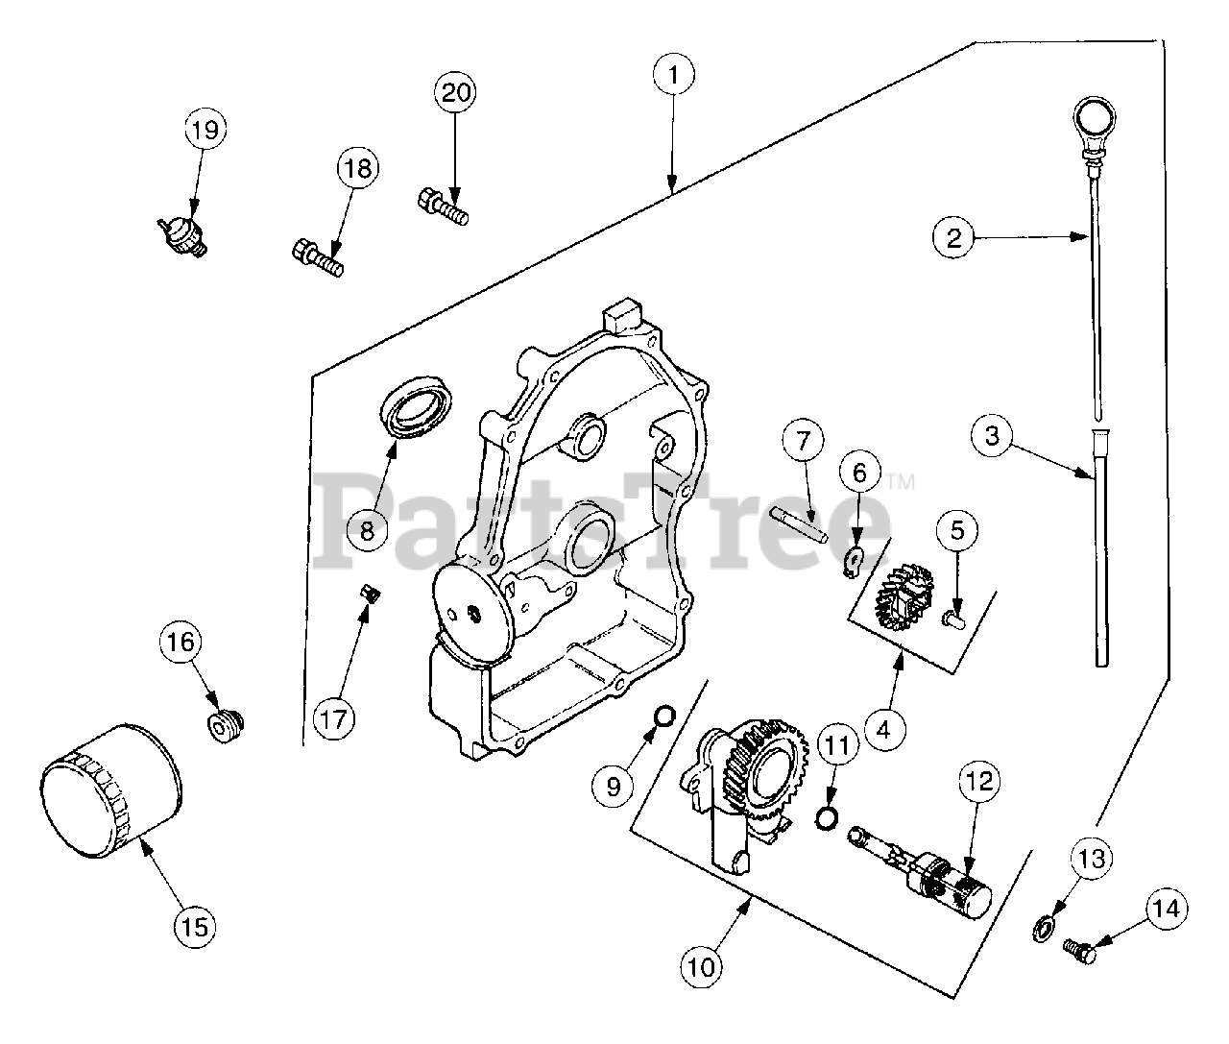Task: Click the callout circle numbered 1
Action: point(674,74)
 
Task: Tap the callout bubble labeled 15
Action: point(195,926)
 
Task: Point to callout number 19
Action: point(205,129)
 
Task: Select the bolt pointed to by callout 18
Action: point(318,257)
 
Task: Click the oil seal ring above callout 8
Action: point(416,410)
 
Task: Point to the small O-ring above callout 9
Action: point(663,715)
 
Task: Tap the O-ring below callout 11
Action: point(827,820)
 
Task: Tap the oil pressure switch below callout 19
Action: point(182,236)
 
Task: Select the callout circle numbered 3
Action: point(993,436)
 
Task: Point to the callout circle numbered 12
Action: point(979,781)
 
